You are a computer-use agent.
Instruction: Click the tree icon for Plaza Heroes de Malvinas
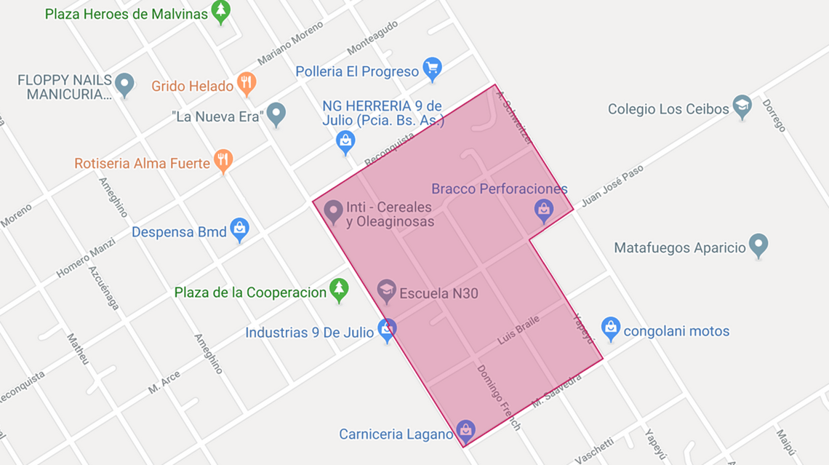tap(221, 12)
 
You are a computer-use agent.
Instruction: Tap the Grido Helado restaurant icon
tap(247, 83)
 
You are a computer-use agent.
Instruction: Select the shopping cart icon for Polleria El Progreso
tap(433, 68)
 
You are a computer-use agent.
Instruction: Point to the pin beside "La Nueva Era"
tap(276, 113)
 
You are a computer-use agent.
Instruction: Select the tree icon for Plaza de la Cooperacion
tap(338, 289)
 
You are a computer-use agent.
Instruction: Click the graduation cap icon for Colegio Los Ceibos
tap(742, 106)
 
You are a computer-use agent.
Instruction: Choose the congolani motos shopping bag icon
tap(611, 327)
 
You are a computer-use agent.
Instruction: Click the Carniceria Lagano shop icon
tap(465, 431)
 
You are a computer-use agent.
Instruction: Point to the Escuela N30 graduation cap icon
tap(386, 290)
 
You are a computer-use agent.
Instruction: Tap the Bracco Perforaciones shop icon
tap(543, 210)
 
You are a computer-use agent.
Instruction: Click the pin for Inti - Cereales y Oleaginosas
tap(333, 210)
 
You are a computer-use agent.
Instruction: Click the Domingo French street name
tap(499, 397)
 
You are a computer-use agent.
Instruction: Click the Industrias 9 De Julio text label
tap(310, 333)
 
